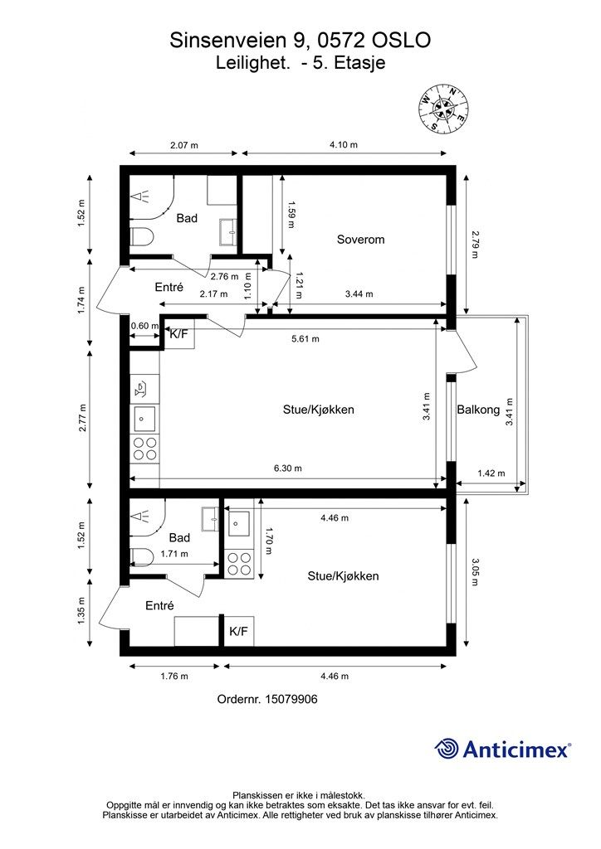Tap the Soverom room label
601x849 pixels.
pos(360,240)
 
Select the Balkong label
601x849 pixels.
pos(478,410)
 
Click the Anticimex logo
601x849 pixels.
pos(502,749)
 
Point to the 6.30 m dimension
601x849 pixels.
pos(288,468)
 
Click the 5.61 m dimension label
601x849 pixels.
pos(305,339)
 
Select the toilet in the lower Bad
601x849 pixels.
pos(142,556)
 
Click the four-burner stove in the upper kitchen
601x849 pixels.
pos(144,449)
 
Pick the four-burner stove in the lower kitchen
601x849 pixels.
pos(239,563)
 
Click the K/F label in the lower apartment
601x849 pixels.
pos(238,631)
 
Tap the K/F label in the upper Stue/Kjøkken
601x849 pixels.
pos(178,333)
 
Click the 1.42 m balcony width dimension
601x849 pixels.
pos(491,473)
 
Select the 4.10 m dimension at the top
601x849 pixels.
pos(344,144)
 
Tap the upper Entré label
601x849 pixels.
pos(169,288)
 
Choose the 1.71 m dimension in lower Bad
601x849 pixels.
pos(174,554)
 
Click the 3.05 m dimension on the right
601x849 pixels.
pos(475,572)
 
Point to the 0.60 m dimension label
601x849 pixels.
pos(144,326)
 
